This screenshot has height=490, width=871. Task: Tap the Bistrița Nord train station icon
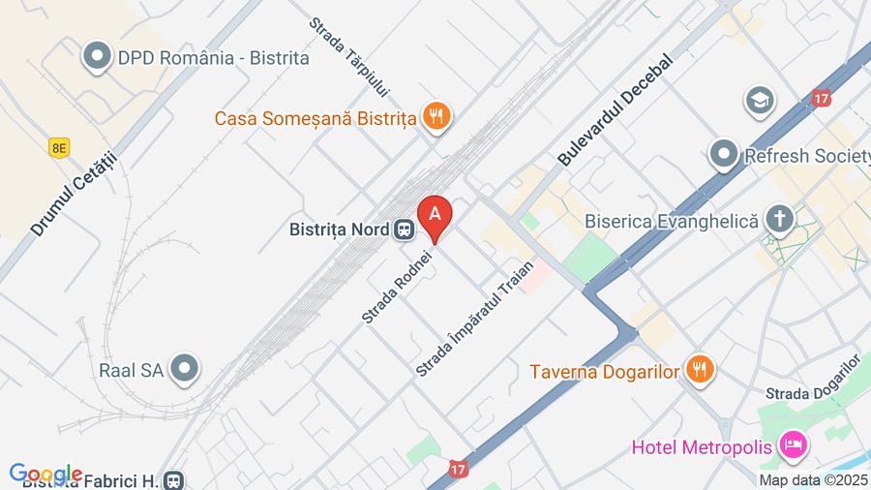pyautogui.click(x=404, y=230)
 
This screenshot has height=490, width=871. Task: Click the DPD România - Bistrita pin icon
pyautogui.click(x=97, y=57)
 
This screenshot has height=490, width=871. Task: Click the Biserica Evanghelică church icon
pyautogui.click(x=778, y=219)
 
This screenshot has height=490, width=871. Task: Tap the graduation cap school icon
pyautogui.click(x=760, y=100)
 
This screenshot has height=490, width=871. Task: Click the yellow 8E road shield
pyautogui.click(x=60, y=146)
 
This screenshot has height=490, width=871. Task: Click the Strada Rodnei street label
pyautogui.click(x=397, y=282)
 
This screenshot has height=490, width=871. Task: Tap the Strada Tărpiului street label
pyautogui.click(x=349, y=56)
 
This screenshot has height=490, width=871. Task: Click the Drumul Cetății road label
pyautogui.click(x=74, y=193)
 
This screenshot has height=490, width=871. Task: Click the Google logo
pyautogui.click(x=45, y=474)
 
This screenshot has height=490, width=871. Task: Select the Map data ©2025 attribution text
pyautogui.click(x=812, y=479)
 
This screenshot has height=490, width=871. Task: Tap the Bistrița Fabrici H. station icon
pyautogui.click(x=173, y=479)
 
